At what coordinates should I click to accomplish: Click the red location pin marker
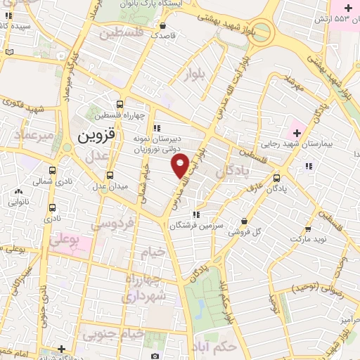click(179, 166)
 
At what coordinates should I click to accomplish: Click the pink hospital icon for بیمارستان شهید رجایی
click(295, 131)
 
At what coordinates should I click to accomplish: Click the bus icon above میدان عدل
click(109, 175)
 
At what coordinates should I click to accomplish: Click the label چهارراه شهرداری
click(145, 288)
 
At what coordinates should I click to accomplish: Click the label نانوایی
click(18, 202)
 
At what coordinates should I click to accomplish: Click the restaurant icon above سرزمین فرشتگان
click(196, 214)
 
